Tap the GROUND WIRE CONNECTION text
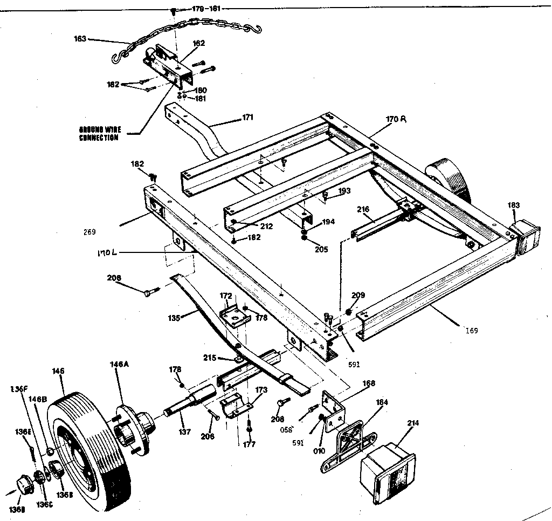pyautogui.click(x=99, y=134)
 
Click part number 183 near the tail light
pyautogui.click(x=514, y=205)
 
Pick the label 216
pyautogui.click(x=362, y=209)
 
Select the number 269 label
pyautogui.click(x=89, y=232)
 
